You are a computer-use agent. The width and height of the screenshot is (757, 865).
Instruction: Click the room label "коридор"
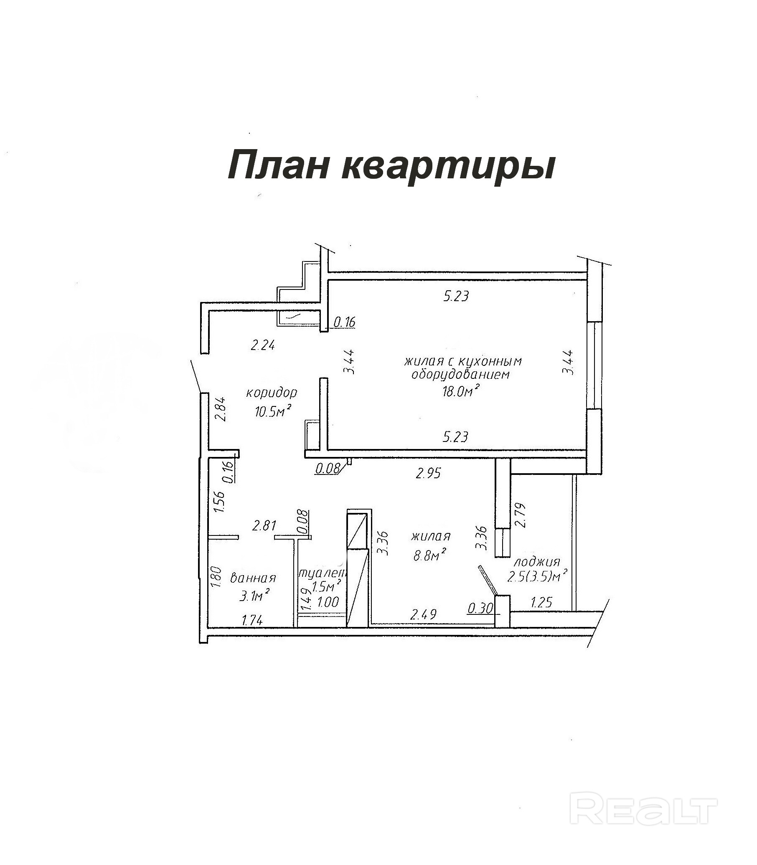272,393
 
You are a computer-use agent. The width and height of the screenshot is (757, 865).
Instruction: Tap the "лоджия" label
536,562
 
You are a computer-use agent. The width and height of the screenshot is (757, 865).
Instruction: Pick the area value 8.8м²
430,555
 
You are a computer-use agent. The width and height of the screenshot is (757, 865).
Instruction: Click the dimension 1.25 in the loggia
541,603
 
